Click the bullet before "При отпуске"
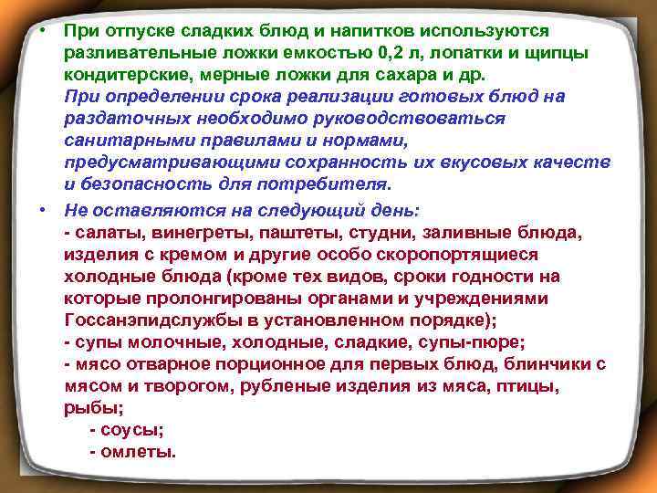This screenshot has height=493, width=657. click(x=43, y=29)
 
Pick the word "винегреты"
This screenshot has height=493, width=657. click(x=193, y=232)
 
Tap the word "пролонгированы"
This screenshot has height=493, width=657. click(x=203, y=298)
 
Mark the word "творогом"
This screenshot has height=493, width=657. click(x=184, y=385)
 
